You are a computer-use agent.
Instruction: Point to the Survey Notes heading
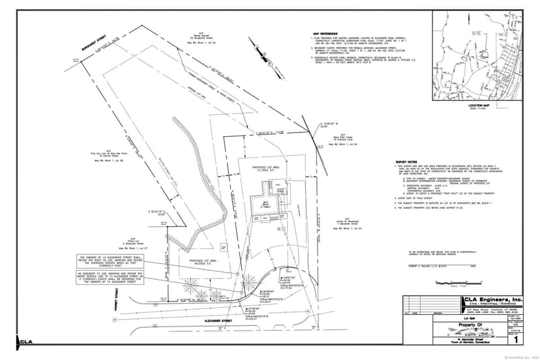point(407,161)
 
